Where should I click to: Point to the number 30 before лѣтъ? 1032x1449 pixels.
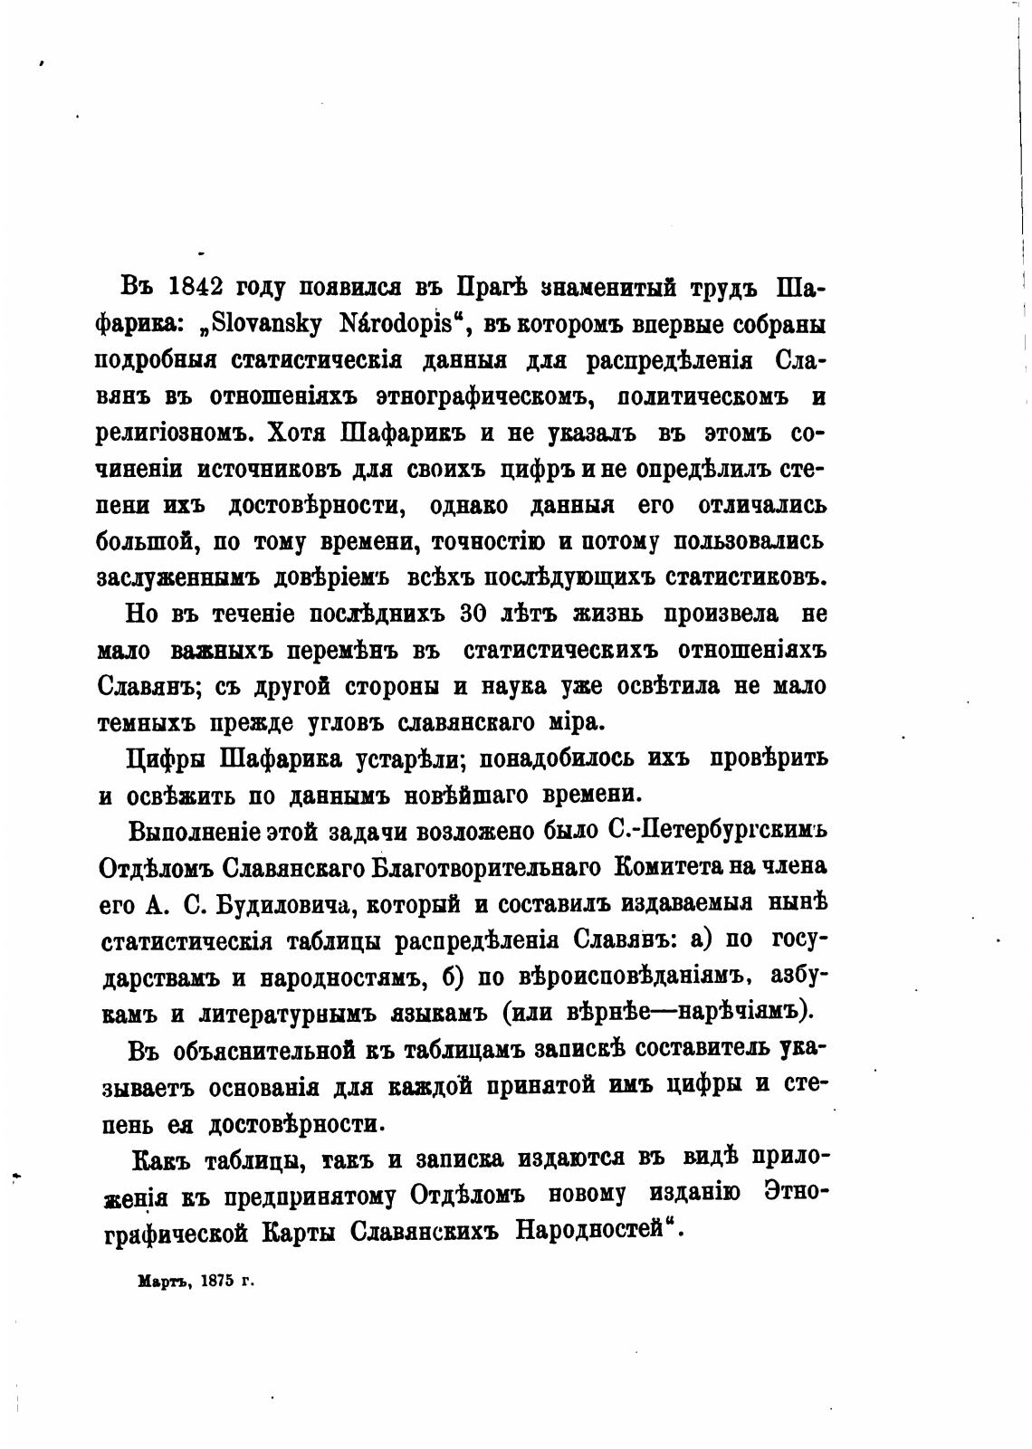[x=476, y=614]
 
